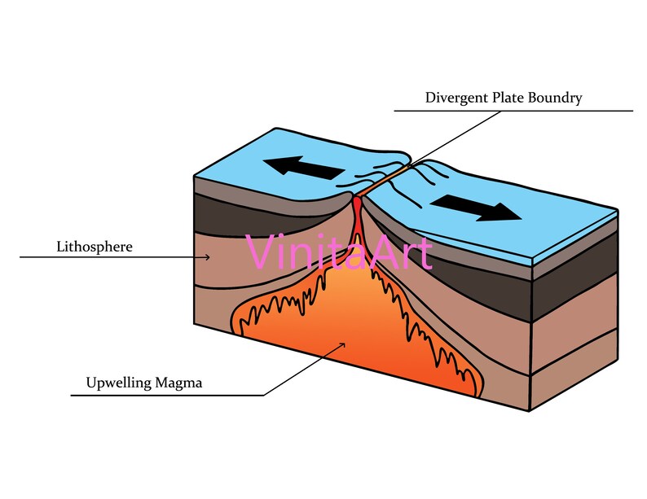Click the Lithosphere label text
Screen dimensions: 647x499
point(95,247)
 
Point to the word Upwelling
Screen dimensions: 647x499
point(119,383)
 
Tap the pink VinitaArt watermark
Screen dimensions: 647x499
point(338,252)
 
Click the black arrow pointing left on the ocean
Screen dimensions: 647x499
point(304,168)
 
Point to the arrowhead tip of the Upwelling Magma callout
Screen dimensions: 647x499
point(345,343)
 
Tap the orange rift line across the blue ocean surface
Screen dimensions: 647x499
point(382,181)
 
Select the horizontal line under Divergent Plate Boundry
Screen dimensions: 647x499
point(513,111)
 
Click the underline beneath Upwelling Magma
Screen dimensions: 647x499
point(167,396)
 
